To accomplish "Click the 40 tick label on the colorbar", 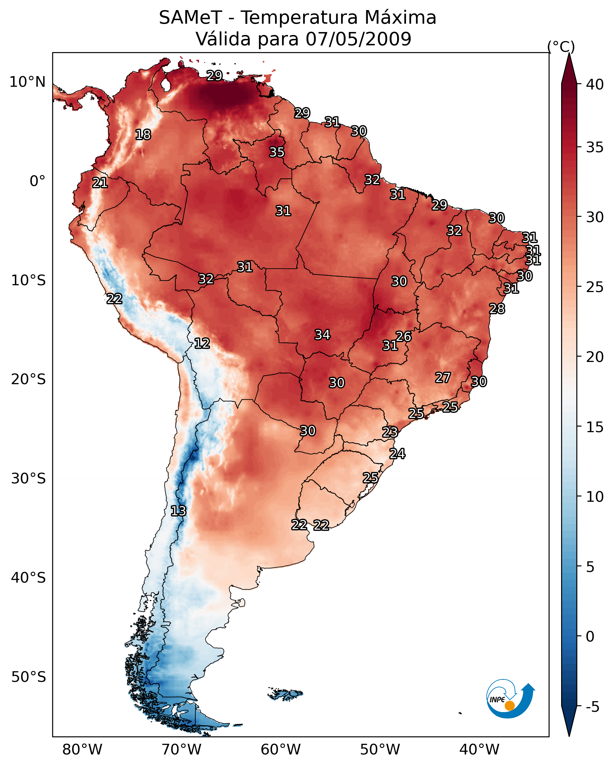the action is click(x=595, y=84).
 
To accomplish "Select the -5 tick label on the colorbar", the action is click(x=592, y=707).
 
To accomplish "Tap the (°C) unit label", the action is click(x=561, y=47).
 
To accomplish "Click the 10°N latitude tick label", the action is click(x=27, y=82).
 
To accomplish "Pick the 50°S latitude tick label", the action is click(x=28, y=677).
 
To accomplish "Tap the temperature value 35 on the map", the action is click(x=277, y=152).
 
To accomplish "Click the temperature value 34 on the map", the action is click(x=322, y=335).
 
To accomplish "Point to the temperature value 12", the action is click(x=202, y=343).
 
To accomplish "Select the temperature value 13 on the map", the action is click(x=178, y=511).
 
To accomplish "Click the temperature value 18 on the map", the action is click(x=143, y=135).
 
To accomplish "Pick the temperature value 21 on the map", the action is click(x=100, y=183).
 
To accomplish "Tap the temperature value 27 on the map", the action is click(x=443, y=378).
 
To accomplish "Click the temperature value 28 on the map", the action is click(x=497, y=309).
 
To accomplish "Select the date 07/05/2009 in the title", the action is click(x=359, y=39).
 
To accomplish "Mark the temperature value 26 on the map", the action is click(x=404, y=336).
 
